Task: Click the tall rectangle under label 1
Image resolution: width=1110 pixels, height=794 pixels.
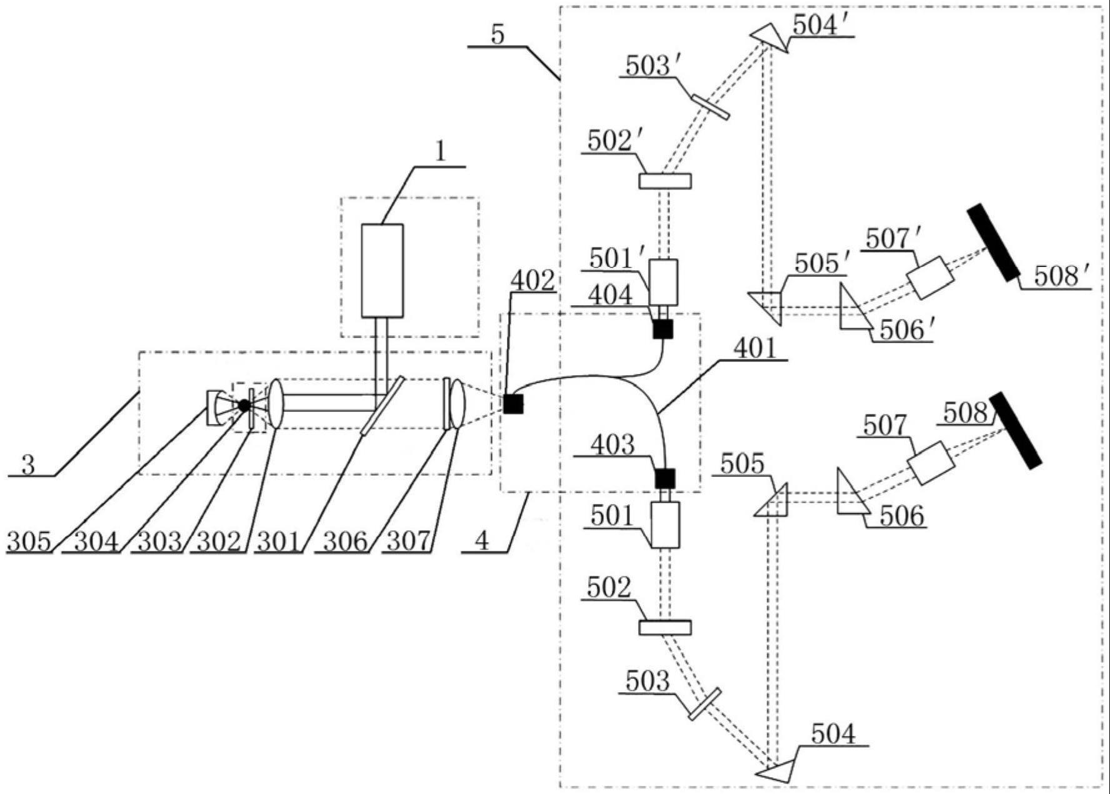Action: tap(382, 270)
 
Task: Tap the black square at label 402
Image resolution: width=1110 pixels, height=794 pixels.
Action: tap(513, 404)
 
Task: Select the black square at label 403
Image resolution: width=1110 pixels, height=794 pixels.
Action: tap(665, 478)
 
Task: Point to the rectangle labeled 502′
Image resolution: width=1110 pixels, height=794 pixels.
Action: tap(665, 181)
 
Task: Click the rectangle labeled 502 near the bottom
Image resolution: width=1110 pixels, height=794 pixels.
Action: tap(665, 627)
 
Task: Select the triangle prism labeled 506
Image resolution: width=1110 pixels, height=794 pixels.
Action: tap(850, 496)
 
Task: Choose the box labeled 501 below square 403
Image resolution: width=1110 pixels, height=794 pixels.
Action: tap(665, 525)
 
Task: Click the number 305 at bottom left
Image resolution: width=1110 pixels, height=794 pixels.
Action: tap(29, 541)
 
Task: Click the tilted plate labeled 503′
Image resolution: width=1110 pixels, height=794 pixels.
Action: tap(711, 106)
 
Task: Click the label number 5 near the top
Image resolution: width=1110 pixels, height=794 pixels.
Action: tap(497, 35)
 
